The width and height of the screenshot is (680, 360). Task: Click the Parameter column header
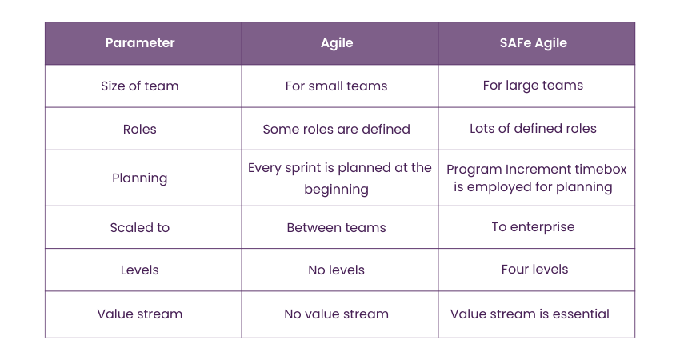[140, 43]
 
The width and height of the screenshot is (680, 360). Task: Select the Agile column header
[337, 43]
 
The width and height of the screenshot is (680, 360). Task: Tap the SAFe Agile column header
[533, 43]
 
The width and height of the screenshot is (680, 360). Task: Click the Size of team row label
[140, 86]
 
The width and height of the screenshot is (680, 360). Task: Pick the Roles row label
[140, 129]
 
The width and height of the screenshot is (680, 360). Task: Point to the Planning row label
[140, 178]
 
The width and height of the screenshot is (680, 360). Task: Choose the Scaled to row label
[140, 227]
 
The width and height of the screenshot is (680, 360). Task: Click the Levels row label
[140, 270]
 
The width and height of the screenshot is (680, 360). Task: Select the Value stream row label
[140, 314]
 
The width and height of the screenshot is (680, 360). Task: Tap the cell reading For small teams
[337, 86]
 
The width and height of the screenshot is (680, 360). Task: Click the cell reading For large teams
[533, 86]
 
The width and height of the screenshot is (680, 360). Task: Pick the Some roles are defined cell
[337, 129]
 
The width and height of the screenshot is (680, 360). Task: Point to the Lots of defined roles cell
[533, 128]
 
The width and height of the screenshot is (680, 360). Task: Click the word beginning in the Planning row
[337, 190]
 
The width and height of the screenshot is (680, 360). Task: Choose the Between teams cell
[337, 227]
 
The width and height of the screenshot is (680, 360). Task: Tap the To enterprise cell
[533, 227]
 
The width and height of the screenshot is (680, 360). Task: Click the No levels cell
[337, 270]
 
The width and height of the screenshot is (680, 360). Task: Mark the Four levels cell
[534, 269]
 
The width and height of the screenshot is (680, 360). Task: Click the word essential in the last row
[581, 314]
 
